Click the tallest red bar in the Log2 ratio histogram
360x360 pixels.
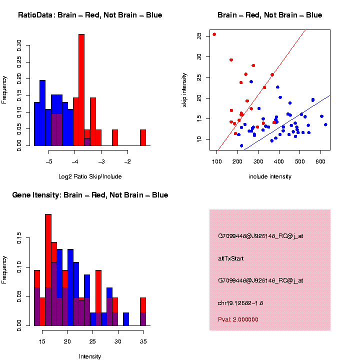coord(81,90)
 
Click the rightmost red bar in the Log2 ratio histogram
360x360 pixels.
coord(143,137)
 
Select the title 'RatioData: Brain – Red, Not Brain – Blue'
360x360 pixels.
coord(90,15)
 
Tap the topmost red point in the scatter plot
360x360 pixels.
coord(214,34)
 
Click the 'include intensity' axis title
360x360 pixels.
coord(270,176)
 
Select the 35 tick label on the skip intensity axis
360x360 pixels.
coord(199,36)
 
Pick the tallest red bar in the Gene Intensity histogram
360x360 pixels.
coord(48,270)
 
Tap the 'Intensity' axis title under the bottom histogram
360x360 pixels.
coord(90,356)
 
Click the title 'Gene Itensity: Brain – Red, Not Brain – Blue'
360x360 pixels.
coord(90,195)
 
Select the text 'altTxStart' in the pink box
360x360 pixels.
coord(230,258)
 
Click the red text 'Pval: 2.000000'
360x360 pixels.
coord(238,319)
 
